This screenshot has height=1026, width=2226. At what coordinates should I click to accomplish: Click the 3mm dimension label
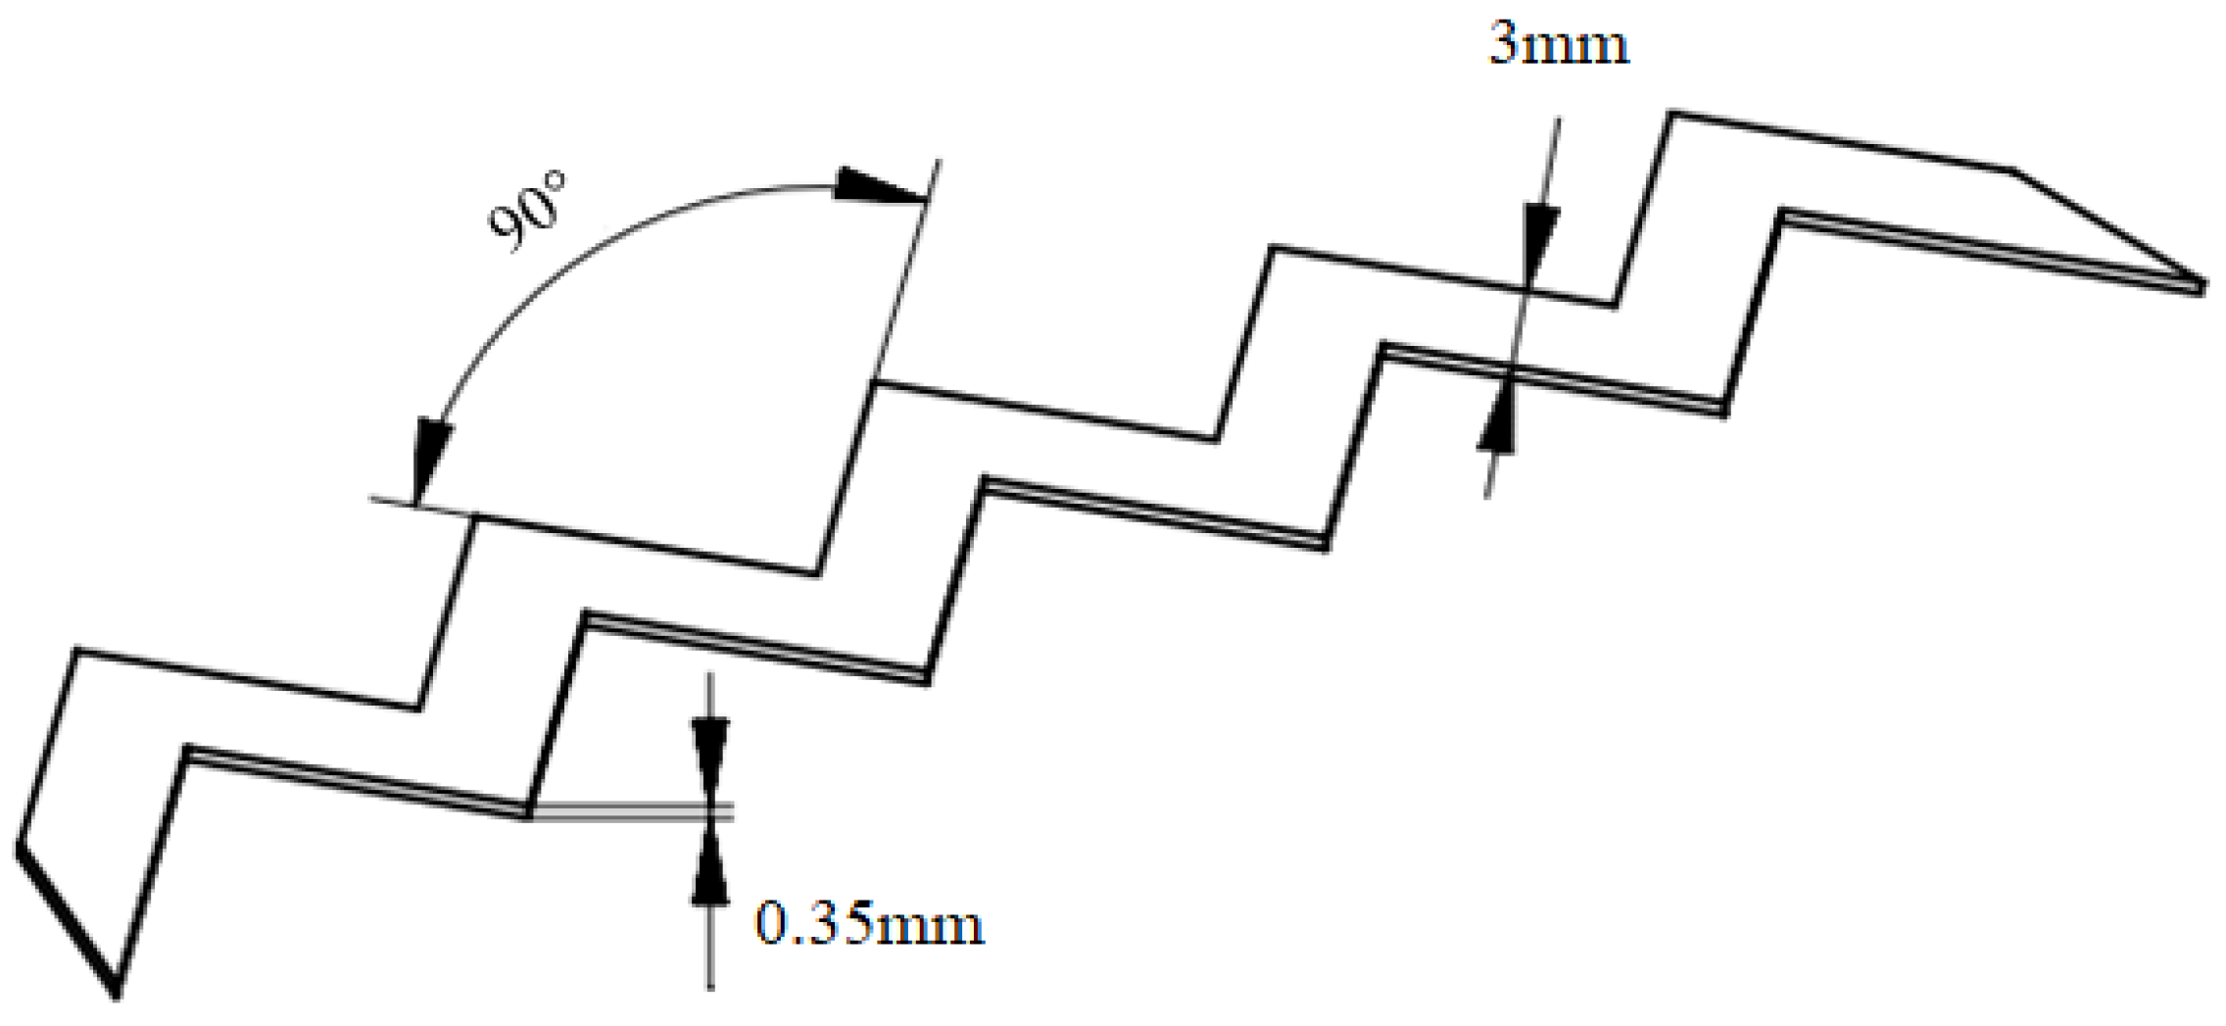click(1559, 45)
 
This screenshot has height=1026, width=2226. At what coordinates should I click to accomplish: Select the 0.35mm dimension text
click(869, 924)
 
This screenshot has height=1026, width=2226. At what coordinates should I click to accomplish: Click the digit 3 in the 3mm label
click(1503, 45)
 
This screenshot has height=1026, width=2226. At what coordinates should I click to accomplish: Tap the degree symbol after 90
click(556, 183)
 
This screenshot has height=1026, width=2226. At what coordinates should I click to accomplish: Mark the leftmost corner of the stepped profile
click(19, 845)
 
